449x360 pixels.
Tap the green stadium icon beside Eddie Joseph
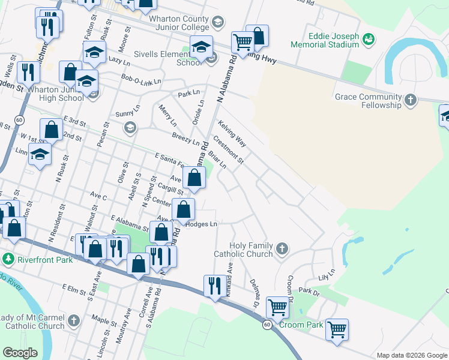tap(369, 39)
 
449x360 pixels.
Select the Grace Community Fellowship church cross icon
tap(411, 100)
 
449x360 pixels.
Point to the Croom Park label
tap(306, 325)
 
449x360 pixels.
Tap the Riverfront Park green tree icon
tap(8, 259)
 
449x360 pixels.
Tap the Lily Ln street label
tap(325, 277)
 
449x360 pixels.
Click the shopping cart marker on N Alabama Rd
tap(243, 42)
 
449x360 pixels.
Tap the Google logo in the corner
tap(20, 353)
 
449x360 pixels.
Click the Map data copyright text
tap(411, 355)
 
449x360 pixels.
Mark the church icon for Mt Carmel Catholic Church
tap(74, 320)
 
